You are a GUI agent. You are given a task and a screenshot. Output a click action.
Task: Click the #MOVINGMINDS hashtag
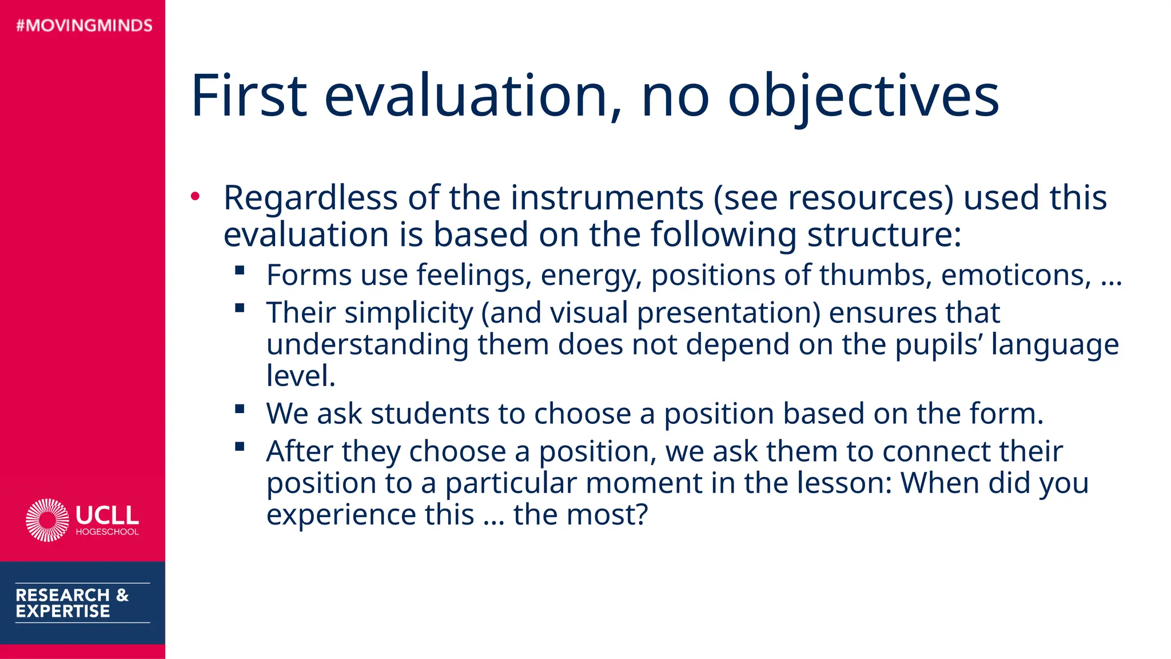pos(85,25)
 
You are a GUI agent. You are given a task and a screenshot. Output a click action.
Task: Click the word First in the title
pos(249,96)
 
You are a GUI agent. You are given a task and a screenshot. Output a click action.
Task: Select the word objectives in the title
pos(863,96)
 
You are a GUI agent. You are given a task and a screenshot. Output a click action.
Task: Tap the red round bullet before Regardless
pos(196,196)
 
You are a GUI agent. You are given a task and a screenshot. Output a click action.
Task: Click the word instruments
pos(607,198)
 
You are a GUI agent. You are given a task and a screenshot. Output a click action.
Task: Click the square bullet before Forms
pos(240,270)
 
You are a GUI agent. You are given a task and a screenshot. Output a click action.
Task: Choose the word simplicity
pos(408,313)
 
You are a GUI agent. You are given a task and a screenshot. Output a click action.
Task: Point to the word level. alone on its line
pos(301,376)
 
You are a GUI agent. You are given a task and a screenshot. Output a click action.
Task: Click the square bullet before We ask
pos(240,408)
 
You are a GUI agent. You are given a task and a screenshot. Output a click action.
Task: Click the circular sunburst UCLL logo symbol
pos(47,520)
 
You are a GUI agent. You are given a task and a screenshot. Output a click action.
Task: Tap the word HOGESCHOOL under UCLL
pos(107,532)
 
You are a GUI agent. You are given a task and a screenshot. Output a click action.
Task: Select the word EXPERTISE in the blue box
pos(63,612)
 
